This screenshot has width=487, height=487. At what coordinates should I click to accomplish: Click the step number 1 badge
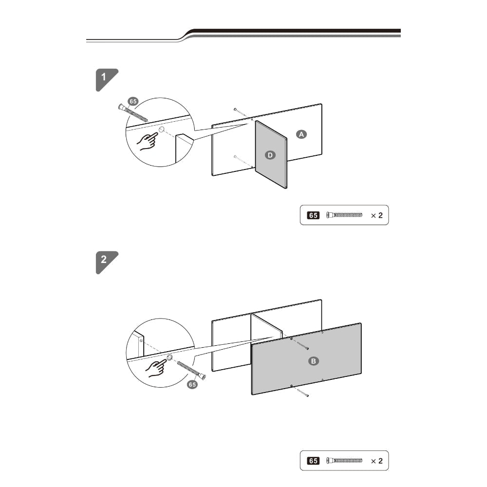[x=106, y=79]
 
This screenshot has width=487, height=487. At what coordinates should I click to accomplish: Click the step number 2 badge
[x=106, y=262]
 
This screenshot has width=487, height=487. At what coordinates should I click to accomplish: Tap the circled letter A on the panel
[x=301, y=134]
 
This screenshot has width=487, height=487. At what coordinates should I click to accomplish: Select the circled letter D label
[x=270, y=155]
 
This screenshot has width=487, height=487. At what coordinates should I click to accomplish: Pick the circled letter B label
[x=313, y=361]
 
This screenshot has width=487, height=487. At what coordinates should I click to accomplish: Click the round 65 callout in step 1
[x=133, y=101]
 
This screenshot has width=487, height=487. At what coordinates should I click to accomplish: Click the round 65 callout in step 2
[x=192, y=385]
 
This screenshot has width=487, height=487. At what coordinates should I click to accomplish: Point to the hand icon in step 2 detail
[x=156, y=368]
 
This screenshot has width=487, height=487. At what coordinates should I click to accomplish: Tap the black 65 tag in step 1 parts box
[x=313, y=215]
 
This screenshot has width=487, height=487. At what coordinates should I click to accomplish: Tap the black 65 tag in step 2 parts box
[x=313, y=461]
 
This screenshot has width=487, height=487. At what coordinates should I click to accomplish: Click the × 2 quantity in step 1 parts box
[x=377, y=216]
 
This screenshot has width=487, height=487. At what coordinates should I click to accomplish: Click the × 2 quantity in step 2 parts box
[x=377, y=461]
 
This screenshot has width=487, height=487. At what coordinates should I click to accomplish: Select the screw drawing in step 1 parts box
[x=344, y=215]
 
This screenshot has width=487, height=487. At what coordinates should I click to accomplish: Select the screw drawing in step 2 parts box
[x=344, y=460]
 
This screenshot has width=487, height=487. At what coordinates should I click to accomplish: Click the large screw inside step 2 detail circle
[x=191, y=371]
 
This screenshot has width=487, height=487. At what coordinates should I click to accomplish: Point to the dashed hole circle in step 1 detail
[x=162, y=130]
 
